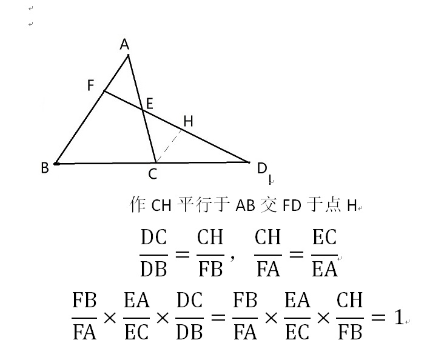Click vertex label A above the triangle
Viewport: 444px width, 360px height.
point(124,44)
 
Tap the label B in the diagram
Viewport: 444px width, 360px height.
point(44,168)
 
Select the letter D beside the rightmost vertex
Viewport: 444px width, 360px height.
point(262,168)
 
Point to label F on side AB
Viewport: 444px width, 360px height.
point(91,85)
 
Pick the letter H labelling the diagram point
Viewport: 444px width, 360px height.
point(188,121)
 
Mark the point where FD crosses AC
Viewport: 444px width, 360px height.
point(143,110)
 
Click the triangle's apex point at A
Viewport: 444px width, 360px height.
point(128,56)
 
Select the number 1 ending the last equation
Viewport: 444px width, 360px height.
point(399,317)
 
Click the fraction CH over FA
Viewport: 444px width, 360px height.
point(268,252)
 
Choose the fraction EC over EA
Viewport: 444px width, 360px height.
point(324,252)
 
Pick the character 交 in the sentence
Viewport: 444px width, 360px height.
point(269,205)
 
